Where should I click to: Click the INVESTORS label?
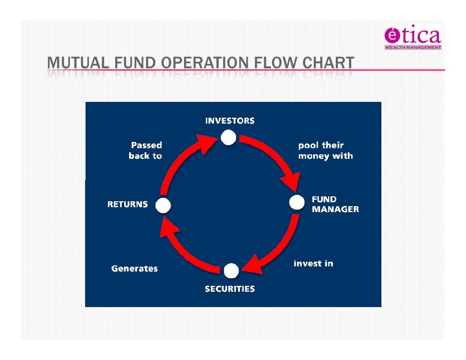[x=230, y=121]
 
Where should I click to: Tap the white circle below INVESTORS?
[x=228, y=137]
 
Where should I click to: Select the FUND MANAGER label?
[x=335, y=204]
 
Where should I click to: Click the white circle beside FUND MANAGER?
[x=296, y=202]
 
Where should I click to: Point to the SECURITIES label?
[x=230, y=289]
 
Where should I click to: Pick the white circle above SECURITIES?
[x=231, y=271]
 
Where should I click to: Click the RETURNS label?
[x=128, y=204]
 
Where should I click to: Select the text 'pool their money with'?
[x=325, y=151]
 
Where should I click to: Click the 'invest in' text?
[x=313, y=264]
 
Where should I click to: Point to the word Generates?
[x=135, y=269]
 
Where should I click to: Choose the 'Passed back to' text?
[x=145, y=151]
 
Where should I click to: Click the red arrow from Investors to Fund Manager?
[x=275, y=158]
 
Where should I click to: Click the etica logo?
[x=412, y=36]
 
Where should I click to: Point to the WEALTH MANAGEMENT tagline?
[x=413, y=47]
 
